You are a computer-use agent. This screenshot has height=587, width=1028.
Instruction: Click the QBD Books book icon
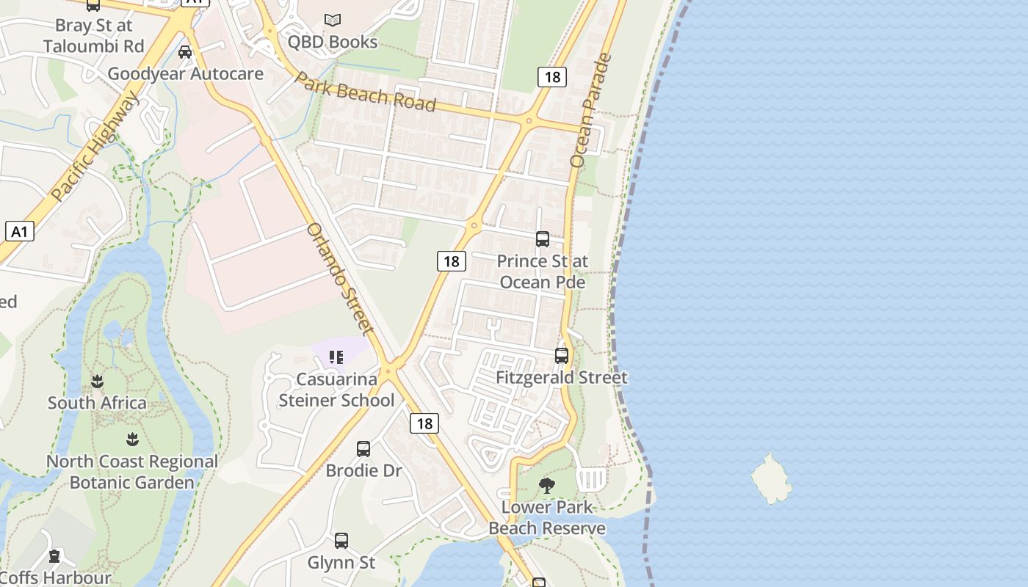tap(333, 20)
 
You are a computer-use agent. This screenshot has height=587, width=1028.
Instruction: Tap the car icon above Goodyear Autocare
tap(185, 51)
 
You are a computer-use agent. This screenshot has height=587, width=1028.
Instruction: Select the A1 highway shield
tap(20, 232)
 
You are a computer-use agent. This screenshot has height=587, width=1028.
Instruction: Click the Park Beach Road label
tap(365, 91)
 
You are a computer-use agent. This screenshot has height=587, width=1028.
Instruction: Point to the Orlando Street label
tap(340, 278)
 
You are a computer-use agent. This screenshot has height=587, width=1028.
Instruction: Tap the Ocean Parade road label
tap(590, 110)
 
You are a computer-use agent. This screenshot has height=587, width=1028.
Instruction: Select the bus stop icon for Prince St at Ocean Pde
tap(543, 239)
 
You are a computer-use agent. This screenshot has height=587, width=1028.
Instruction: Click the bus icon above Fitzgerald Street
tap(562, 356)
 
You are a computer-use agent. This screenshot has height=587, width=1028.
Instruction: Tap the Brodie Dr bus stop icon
tap(363, 449)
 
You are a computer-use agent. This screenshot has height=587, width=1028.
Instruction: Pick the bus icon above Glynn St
tap(341, 541)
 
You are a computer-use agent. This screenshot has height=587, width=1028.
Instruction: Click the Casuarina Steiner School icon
tap(336, 357)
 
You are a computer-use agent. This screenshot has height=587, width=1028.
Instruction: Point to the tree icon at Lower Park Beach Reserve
tap(546, 485)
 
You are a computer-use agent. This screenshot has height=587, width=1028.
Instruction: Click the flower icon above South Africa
tap(97, 381)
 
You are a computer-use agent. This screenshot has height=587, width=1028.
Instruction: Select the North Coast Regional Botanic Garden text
tap(132, 472)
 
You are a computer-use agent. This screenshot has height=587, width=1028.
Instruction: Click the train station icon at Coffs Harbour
tap(54, 557)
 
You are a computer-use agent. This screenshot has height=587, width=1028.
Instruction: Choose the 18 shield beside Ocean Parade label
tap(551, 76)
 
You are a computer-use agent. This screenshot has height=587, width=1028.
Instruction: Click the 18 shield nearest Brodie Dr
tap(424, 423)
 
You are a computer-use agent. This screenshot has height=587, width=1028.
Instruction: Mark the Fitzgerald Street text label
tap(562, 378)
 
